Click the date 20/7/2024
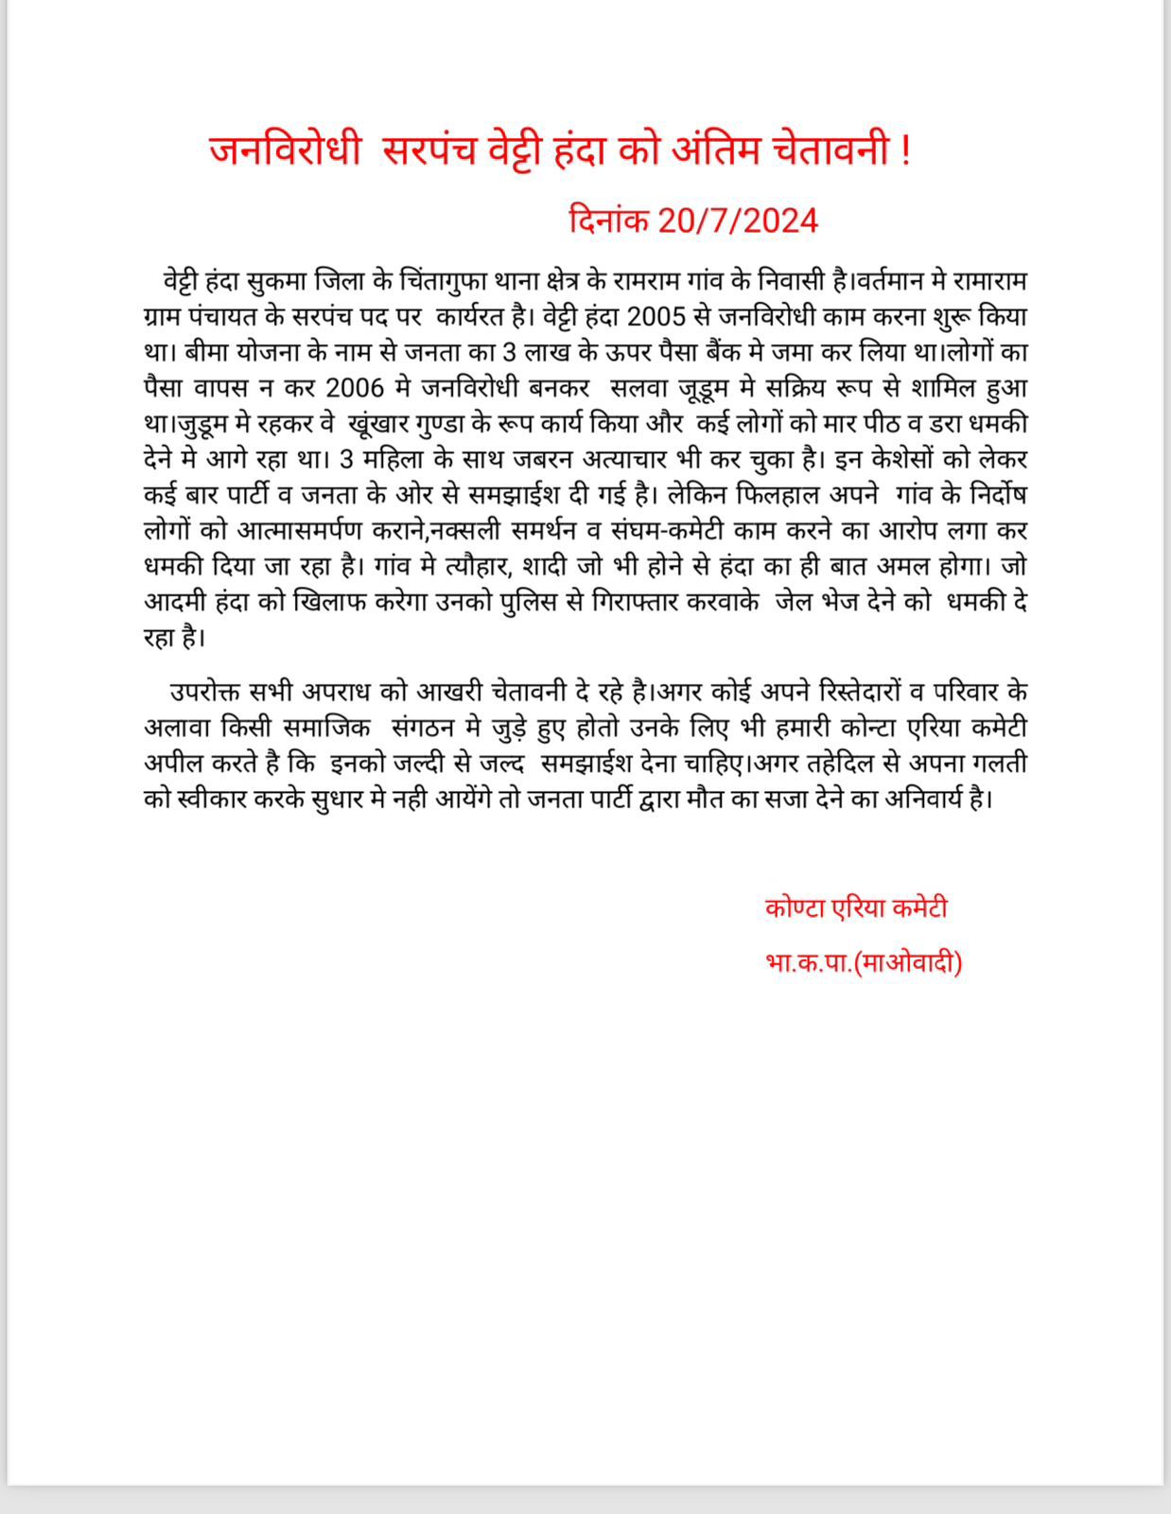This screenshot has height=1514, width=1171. click(738, 220)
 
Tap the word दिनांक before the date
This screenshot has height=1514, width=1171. click(608, 220)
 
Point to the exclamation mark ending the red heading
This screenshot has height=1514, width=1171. click(906, 151)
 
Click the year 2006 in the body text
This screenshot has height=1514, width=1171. click(355, 388)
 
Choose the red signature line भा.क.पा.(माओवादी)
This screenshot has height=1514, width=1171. click(864, 963)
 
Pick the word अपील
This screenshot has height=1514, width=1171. click(171, 763)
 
